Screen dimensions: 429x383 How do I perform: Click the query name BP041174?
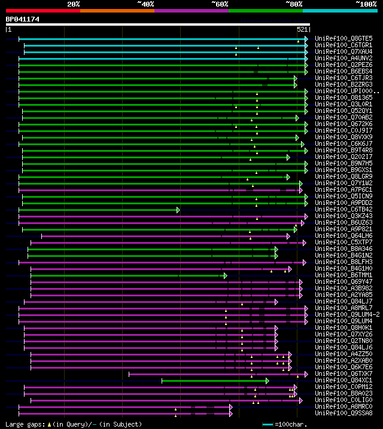(23, 19)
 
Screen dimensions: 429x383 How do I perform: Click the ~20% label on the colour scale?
(74, 4)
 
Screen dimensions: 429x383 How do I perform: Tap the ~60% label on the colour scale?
(220, 4)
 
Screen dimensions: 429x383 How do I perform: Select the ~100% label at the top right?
(365, 4)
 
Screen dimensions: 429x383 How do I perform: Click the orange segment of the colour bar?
(117, 10)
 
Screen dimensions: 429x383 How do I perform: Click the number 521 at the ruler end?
(302, 29)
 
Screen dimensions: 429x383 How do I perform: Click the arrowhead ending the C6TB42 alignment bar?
(178, 210)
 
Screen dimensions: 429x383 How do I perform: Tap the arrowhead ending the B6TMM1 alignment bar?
(225, 275)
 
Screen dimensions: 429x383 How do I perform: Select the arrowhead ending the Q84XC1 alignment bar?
(267, 381)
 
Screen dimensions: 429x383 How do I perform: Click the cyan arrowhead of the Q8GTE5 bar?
(306, 38)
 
